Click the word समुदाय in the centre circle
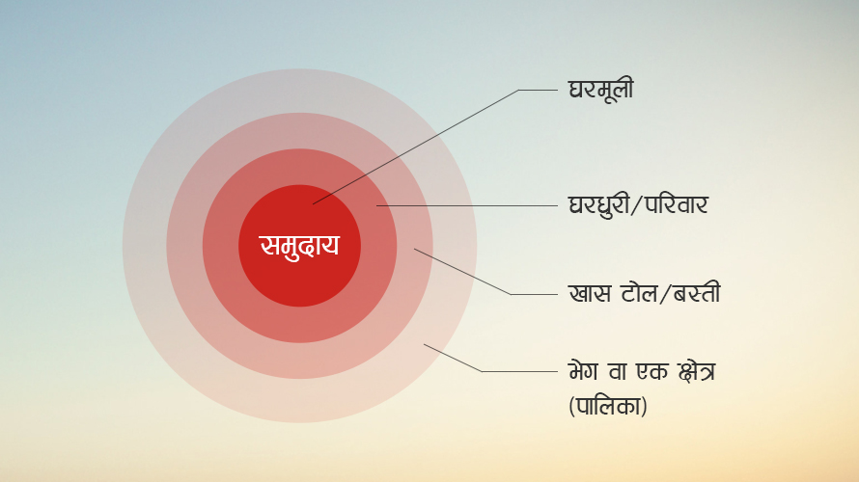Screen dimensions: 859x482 [299, 246]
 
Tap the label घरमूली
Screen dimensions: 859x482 [601, 90]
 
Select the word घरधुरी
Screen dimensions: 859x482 [598, 206]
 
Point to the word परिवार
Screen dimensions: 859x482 [676, 204]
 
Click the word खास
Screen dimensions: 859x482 [590, 293]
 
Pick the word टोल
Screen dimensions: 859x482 [639, 293]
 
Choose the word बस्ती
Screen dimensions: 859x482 [696, 293]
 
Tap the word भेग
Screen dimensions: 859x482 [583, 371]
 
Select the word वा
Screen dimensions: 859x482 [618, 371]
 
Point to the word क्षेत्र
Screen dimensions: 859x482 [697, 372]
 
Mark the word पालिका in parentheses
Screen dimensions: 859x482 [608, 406]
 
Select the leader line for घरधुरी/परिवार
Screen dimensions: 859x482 [467, 205]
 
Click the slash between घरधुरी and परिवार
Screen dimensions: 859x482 [637, 205]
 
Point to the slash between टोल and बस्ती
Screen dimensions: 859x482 [665, 294]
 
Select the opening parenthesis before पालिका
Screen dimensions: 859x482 [571, 407]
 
